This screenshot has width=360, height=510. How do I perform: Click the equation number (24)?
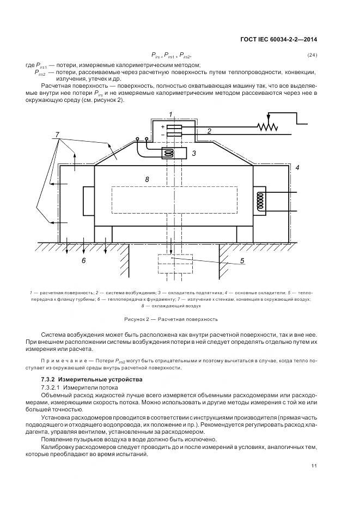click(312, 55)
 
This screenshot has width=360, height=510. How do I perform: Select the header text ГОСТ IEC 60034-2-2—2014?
click(278, 39)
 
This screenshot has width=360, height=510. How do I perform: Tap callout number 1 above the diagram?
click(170, 113)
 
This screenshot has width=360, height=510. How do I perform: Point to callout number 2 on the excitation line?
click(209, 131)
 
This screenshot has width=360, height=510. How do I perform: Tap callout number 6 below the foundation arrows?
click(84, 261)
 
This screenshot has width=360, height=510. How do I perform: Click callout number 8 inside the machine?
click(147, 179)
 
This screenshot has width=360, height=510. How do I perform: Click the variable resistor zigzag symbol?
click(267, 126)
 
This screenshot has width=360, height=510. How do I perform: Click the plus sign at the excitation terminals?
click(162, 126)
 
